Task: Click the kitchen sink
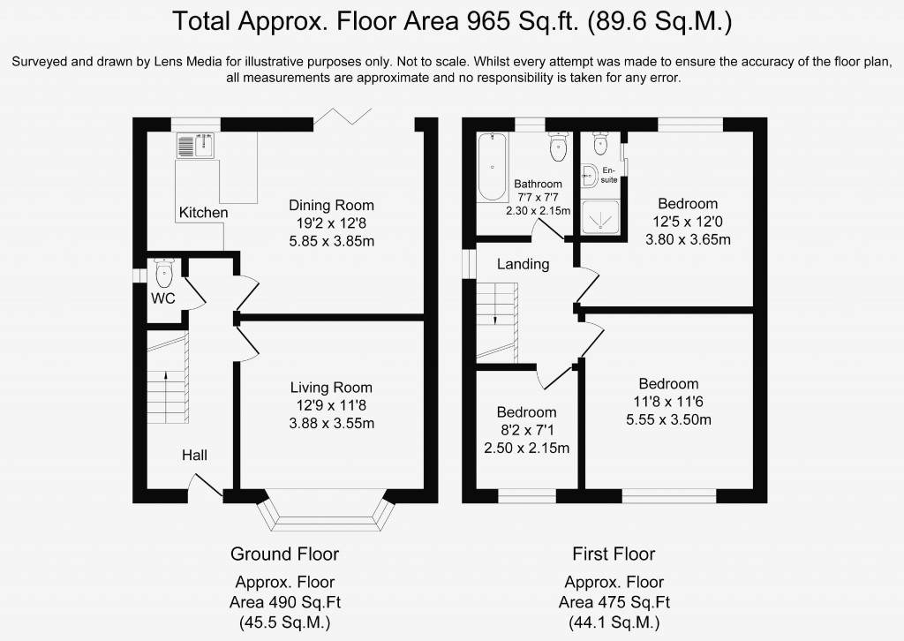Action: click(196, 146)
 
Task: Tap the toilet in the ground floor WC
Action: click(163, 273)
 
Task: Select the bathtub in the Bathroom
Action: click(492, 167)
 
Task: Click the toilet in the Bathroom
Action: click(559, 147)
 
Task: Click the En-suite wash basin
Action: click(589, 175)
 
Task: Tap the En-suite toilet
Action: click(600, 144)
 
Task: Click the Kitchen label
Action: click(204, 213)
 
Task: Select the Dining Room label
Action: click(332, 205)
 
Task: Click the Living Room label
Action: click(331, 388)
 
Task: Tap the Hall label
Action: click(194, 456)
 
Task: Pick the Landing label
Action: click(523, 264)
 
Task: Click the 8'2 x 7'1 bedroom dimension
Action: click(527, 430)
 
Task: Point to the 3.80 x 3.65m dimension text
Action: click(688, 239)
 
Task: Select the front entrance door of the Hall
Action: click(207, 486)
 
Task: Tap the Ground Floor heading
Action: click(285, 554)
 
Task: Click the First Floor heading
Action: click(614, 554)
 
